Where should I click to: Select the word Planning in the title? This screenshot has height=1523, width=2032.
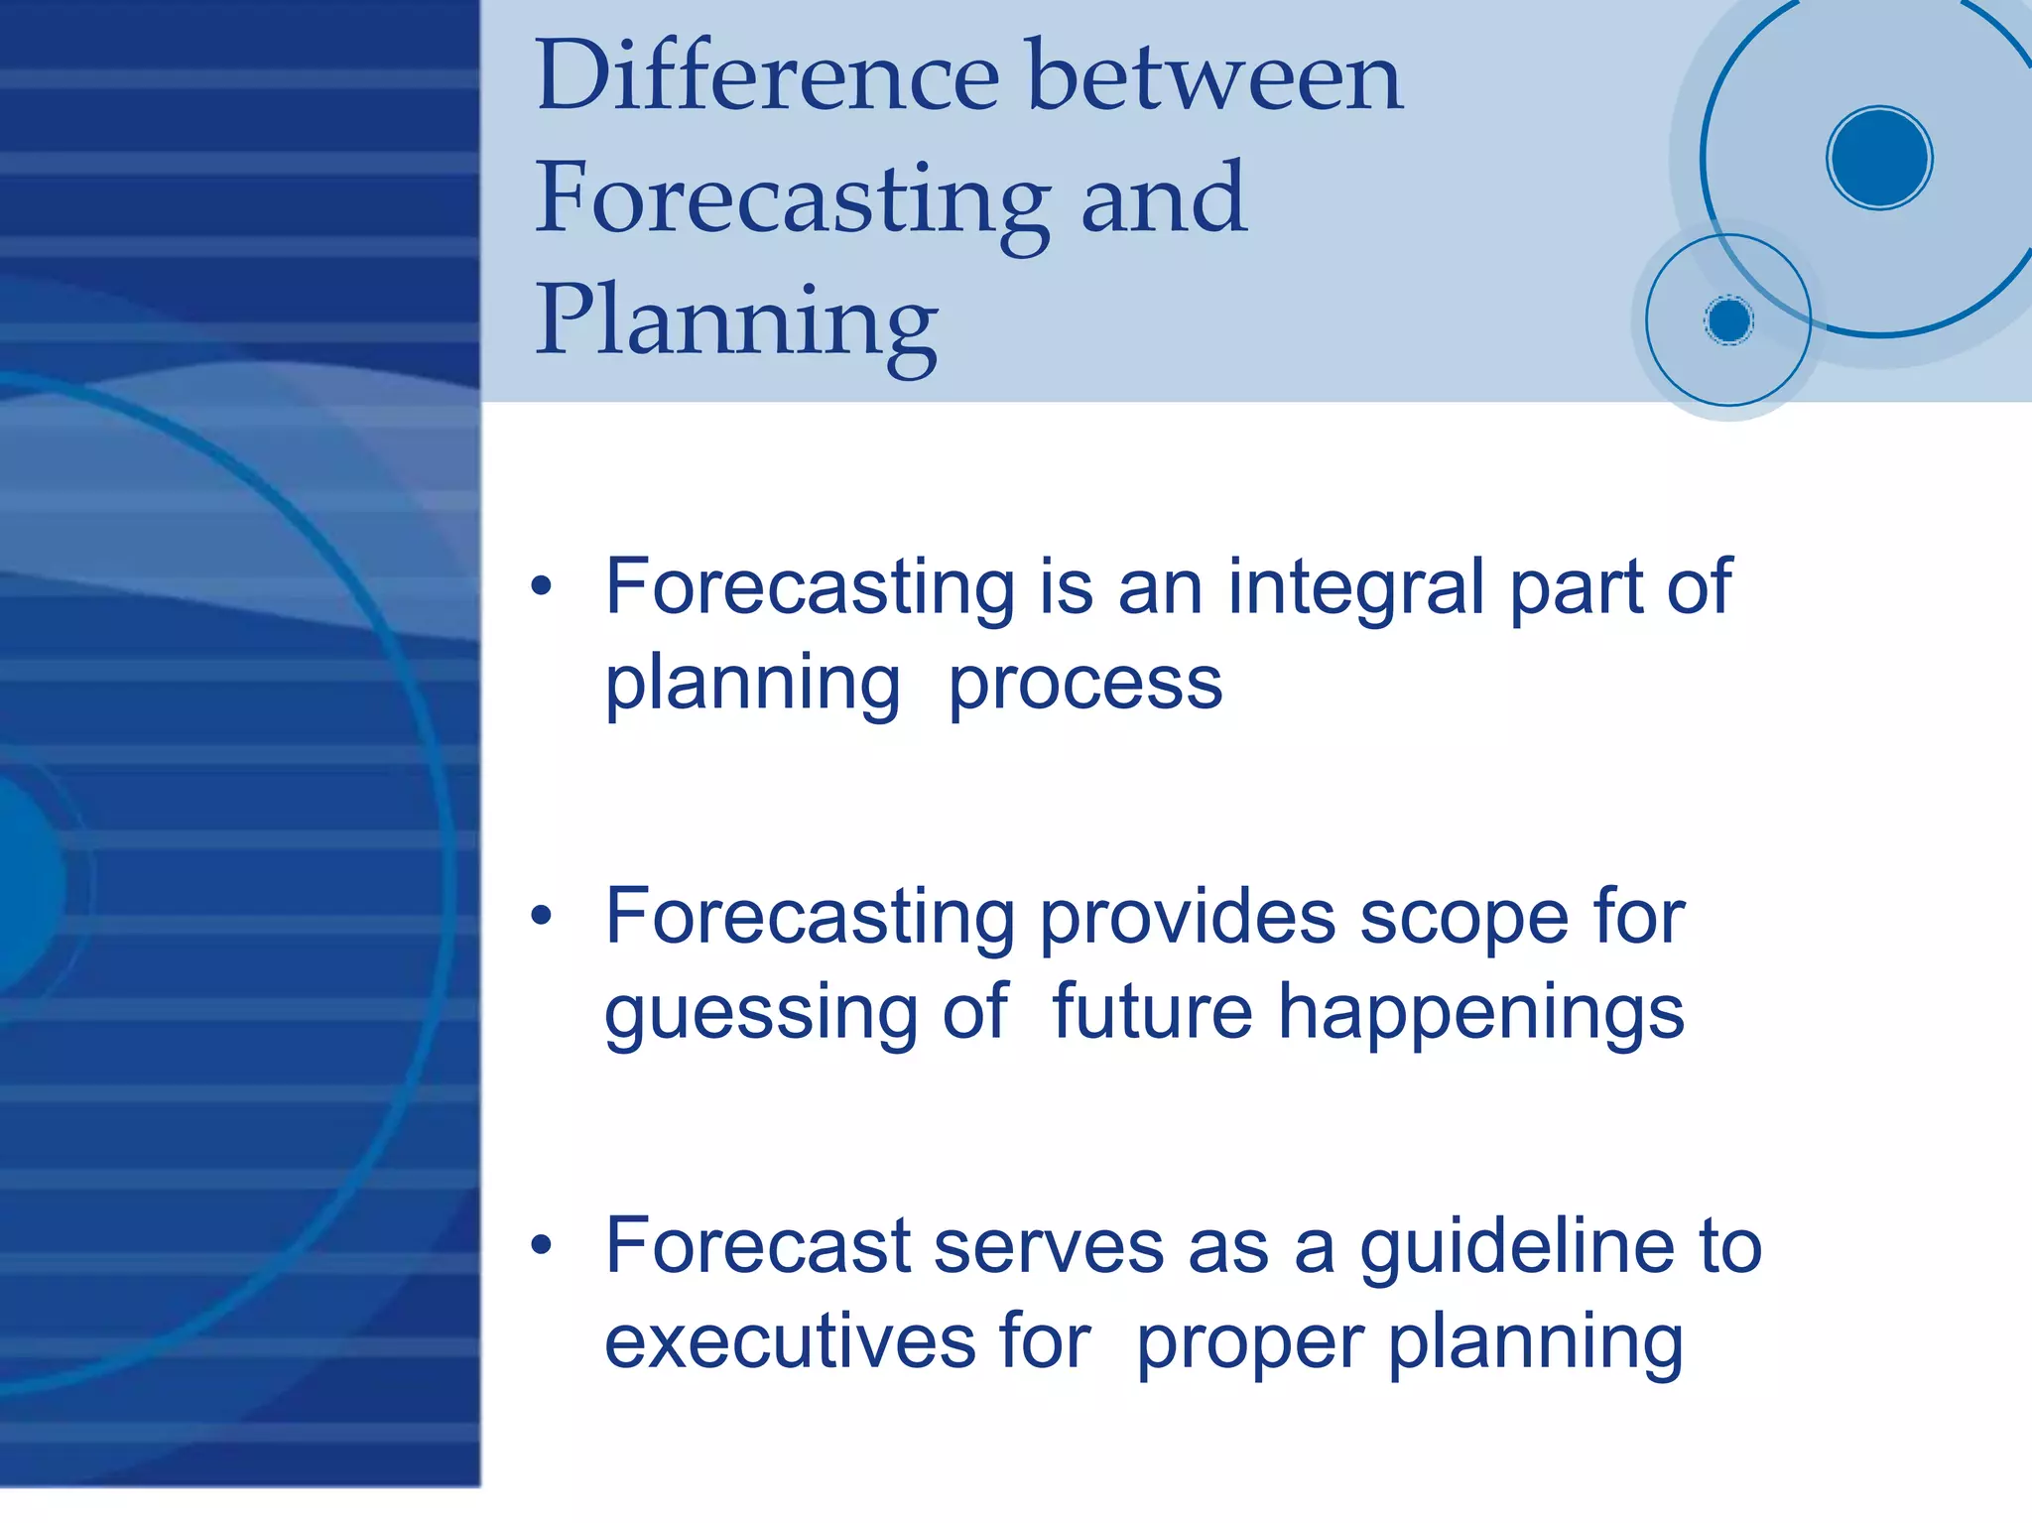tap(736, 322)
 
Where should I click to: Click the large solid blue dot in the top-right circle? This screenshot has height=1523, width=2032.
tap(1878, 158)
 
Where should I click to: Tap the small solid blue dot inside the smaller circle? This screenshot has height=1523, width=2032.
tap(1728, 320)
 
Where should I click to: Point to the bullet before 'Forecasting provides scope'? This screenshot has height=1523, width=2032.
tap(541, 917)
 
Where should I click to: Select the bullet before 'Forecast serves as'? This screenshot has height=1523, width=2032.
tap(541, 1246)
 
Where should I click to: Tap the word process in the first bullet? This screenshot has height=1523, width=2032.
tap(1085, 685)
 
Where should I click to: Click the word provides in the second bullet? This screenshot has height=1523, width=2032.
tap(1187, 917)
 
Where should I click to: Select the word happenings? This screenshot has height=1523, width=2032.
tap(1480, 1014)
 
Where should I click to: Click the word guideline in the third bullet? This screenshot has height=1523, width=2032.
tap(1516, 1248)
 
